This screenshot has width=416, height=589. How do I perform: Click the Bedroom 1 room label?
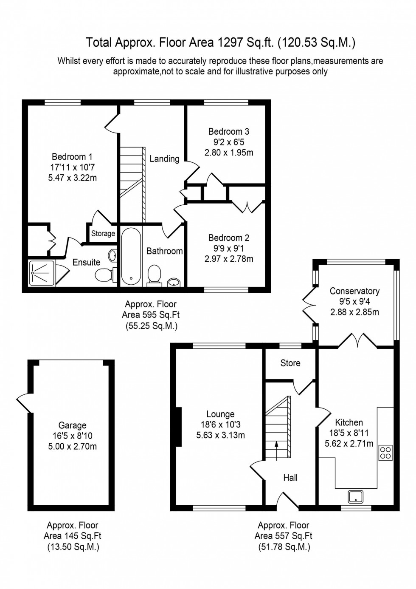72,157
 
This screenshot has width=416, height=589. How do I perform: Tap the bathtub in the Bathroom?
131,256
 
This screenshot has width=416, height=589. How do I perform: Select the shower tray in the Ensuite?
42,273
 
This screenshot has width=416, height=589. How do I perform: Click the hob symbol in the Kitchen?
385,452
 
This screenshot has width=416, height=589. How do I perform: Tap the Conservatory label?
354,291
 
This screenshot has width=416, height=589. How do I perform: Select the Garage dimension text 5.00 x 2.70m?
72,446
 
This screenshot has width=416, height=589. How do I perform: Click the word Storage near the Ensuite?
103,233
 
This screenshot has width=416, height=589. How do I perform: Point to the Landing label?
164,159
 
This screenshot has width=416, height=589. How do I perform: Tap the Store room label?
290,363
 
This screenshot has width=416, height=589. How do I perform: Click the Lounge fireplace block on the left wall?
179,427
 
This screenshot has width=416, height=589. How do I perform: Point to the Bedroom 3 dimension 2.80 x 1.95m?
229,153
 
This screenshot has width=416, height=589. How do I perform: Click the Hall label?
290,478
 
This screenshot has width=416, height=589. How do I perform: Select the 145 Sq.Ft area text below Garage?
72,536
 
